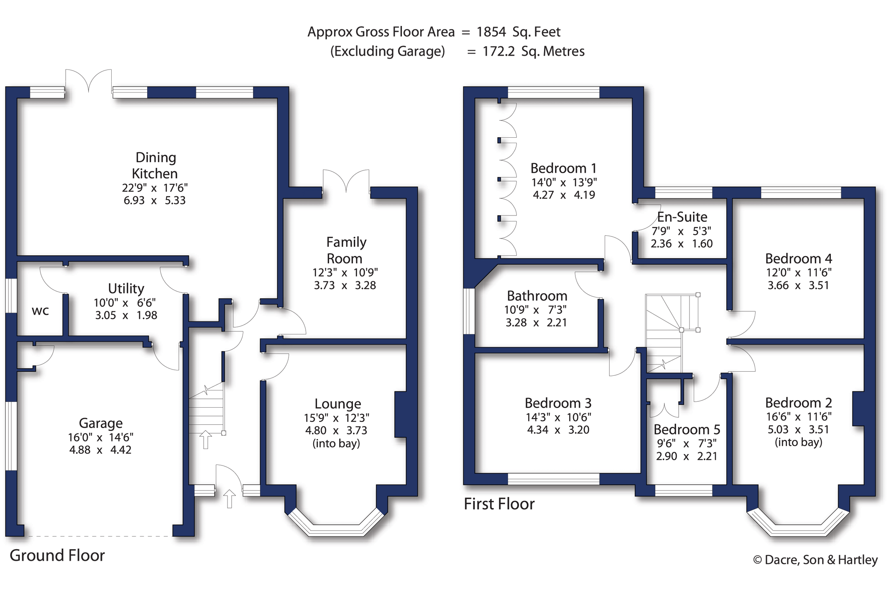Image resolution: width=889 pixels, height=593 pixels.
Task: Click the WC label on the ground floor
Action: pos(40,311)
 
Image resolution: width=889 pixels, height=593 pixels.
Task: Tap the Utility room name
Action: pos(126,288)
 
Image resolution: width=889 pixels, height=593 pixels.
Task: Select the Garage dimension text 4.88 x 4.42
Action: pos(100,450)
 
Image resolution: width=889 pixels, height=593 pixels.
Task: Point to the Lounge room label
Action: pos(338,404)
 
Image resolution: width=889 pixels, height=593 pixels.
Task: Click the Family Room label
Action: pos(346,250)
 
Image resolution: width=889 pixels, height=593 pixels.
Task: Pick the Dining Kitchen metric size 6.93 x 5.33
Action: pos(154,200)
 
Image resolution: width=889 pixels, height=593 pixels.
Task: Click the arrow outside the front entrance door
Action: pos(229,499)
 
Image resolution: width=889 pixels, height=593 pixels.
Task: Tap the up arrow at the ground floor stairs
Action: pos(205,439)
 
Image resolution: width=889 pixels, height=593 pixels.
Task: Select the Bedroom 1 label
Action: pos(563,168)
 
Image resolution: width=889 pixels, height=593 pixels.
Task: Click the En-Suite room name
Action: pos(682,217)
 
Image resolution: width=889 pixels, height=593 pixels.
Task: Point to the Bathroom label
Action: pos(537,296)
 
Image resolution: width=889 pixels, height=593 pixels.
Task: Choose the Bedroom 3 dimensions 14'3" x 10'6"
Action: pos(558,417)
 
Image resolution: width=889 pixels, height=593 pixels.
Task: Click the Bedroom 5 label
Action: pos(687,429)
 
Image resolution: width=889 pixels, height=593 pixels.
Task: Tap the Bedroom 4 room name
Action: pos(798,259)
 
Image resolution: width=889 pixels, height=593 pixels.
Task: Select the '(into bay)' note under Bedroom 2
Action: pos(798,442)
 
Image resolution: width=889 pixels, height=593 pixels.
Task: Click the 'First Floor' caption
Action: pos(499,504)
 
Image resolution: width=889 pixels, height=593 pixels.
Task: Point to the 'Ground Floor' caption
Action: pos(57,555)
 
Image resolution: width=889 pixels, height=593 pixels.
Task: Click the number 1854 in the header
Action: pos(491,32)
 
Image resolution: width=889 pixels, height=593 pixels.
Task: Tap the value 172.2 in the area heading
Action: pos(498,51)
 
